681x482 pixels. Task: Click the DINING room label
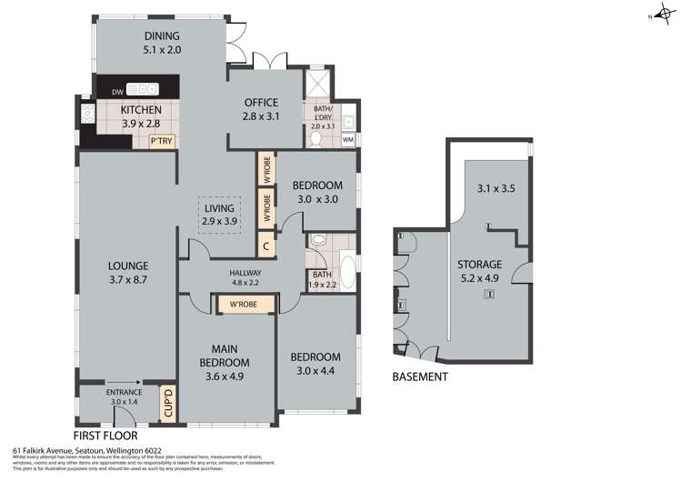tap(163, 37)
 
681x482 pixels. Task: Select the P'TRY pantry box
tap(162, 141)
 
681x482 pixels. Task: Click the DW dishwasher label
tap(117, 91)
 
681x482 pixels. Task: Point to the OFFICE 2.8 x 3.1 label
tap(260, 103)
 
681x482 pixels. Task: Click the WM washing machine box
tap(348, 139)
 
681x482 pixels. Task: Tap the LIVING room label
tap(219, 208)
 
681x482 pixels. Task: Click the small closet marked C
tap(265, 245)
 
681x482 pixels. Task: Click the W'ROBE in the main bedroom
tap(242, 304)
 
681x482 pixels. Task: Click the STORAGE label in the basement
tap(479, 264)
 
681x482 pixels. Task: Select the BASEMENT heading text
tap(420, 377)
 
